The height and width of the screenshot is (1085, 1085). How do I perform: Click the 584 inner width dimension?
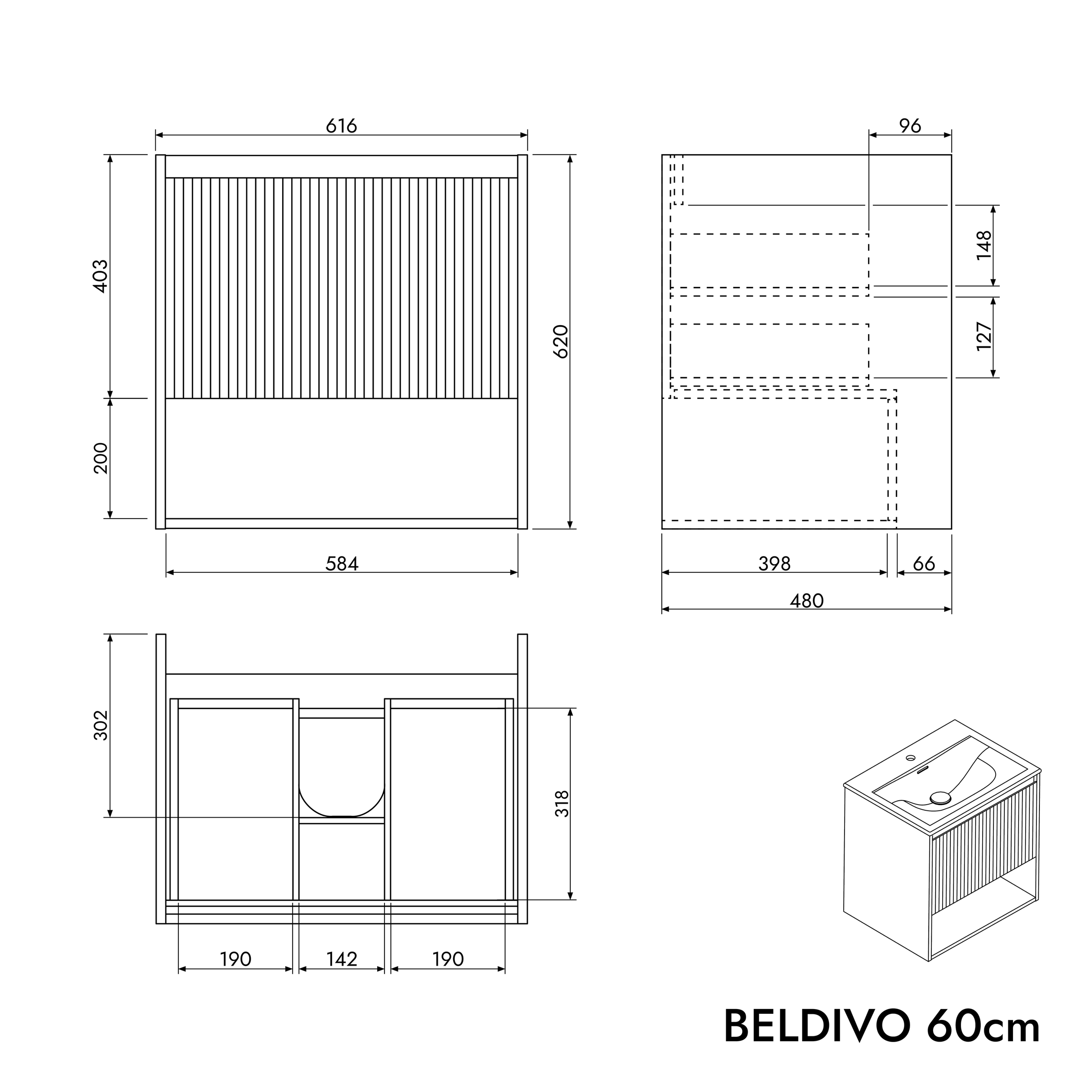342,563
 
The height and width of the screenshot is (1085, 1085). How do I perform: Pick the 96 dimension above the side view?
910,126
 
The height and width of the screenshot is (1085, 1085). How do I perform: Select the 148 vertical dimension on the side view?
984,245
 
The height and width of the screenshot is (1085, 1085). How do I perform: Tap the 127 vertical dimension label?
984,336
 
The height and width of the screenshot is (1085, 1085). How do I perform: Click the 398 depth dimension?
774,563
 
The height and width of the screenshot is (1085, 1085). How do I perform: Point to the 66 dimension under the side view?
924,563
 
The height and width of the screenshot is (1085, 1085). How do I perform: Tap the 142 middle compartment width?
342,959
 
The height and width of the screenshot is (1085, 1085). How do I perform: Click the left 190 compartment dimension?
235,959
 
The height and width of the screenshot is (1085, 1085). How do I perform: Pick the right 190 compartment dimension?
447,959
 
